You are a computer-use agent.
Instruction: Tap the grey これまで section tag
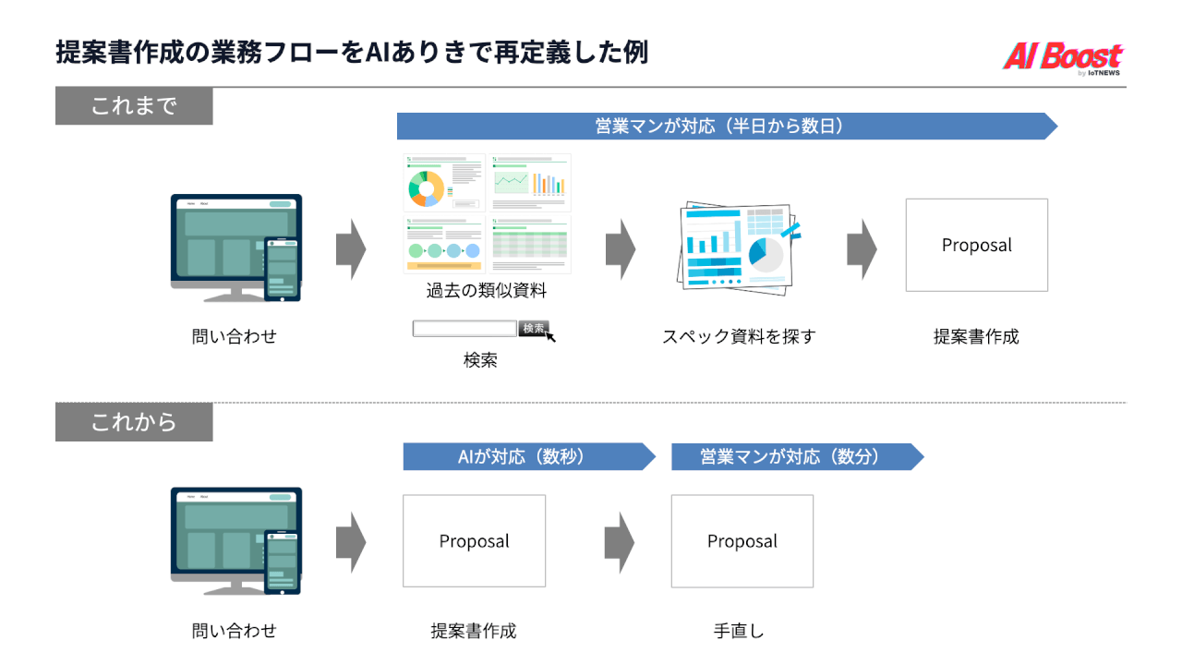pyautogui.click(x=134, y=106)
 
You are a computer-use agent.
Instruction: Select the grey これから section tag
pyautogui.click(x=134, y=423)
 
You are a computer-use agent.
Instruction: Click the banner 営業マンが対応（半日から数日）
pyautogui.click(x=720, y=127)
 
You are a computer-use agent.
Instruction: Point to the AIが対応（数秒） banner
pyautogui.click(x=523, y=456)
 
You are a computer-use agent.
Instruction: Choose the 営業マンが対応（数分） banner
pyautogui.click(x=790, y=456)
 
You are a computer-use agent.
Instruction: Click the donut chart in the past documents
pyautogui.click(x=426, y=187)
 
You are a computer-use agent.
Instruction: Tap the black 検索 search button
pyautogui.click(x=534, y=328)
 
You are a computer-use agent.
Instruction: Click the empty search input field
pyautogui.click(x=464, y=328)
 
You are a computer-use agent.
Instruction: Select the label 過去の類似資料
pyautogui.click(x=487, y=291)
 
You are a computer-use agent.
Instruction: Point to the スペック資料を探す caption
pyautogui.click(x=739, y=336)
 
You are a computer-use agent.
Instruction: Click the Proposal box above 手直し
pyautogui.click(x=742, y=541)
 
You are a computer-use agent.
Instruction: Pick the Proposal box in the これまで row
pyautogui.click(x=976, y=245)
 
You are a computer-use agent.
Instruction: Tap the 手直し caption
pyautogui.click(x=739, y=632)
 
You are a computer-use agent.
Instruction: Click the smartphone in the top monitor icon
pyautogui.click(x=282, y=269)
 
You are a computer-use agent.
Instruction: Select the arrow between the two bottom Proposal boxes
pyautogui.click(x=620, y=542)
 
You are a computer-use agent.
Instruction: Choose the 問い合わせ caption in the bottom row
pyautogui.click(x=234, y=632)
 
